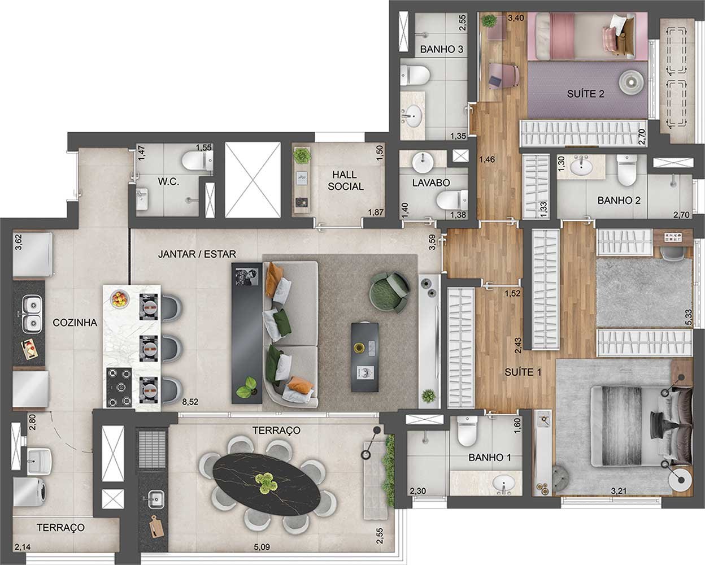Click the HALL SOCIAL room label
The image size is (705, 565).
(x=345, y=181)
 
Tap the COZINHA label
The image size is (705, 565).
(x=75, y=323)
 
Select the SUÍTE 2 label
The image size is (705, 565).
(x=586, y=94)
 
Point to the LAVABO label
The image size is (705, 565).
(x=431, y=183)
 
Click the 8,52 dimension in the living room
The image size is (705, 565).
(x=190, y=402)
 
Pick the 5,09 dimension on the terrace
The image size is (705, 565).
(x=262, y=547)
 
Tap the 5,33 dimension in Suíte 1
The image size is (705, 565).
(x=689, y=317)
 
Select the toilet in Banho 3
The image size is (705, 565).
(x=415, y=75)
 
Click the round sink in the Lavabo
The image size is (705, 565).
(x=423, y=162)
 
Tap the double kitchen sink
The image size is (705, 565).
(x=32, y=314)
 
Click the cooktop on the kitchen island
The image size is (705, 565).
(x=119, y=388)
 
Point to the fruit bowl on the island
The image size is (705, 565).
(x=120, y=299)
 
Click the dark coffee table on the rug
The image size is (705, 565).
(x=365, y=357)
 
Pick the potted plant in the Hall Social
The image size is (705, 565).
(x=302, y=156)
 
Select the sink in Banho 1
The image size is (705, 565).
(x=503, y=484)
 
